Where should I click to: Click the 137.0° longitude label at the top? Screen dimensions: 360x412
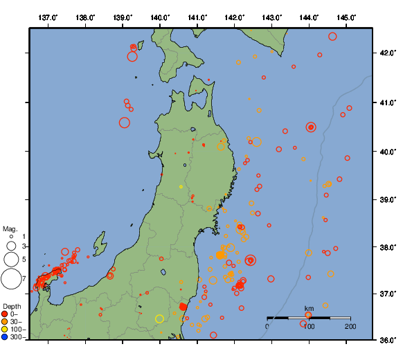click(48, 17)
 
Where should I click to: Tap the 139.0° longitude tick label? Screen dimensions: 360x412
click(123, 17)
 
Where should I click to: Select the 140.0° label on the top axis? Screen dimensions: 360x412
click(160, 17)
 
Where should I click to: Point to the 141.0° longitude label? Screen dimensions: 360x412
click(197, 17)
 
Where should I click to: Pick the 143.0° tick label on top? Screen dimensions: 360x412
click(272, 17)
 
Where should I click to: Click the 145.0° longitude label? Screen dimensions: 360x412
click(347, 17)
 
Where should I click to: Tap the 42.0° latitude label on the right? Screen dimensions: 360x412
click(387, 53)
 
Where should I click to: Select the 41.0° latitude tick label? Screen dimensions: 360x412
click(387, 102)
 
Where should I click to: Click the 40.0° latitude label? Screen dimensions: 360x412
click(387, 151)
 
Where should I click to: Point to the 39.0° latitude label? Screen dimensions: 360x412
click(387, 199)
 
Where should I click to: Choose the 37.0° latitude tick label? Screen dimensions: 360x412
click(387, 294)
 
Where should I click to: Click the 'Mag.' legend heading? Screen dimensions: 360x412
click(10, 229)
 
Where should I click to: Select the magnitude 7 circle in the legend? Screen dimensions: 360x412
click(11, 279)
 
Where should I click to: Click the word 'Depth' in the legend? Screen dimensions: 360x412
click(11, 306)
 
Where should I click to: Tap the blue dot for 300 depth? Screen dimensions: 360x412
click(5, 337)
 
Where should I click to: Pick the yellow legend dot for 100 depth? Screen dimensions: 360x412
click(5, 330)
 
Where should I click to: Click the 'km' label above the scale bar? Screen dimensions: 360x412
click(309, 309)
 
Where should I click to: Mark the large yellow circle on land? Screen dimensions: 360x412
click(159, 318)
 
